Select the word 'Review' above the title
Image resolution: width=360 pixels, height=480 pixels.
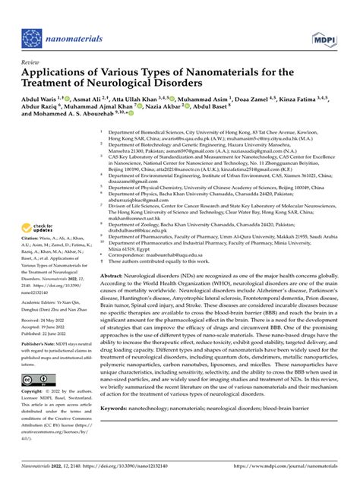pos(30,62)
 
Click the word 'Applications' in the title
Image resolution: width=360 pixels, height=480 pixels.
pos(60,72)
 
